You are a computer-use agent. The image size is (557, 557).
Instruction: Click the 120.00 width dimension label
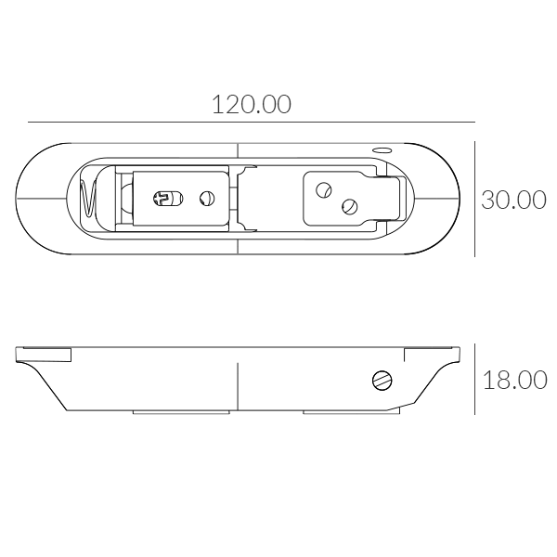point(252,104)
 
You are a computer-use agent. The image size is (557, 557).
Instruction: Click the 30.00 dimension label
point(513,200)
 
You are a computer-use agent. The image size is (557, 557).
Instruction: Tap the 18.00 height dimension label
point(514,380)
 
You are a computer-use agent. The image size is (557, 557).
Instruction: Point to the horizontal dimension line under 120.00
point(252,122)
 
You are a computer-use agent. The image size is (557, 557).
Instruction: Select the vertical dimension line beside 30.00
point(475,199)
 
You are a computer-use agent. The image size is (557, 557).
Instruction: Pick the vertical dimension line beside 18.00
point(475,379)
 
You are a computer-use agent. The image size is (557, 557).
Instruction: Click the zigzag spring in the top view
point(88,199)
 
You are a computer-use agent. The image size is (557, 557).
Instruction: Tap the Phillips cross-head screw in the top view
point(168,199)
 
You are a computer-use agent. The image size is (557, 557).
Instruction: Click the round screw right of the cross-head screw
point(207,199)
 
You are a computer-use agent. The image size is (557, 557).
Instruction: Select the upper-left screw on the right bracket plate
point(324,190)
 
